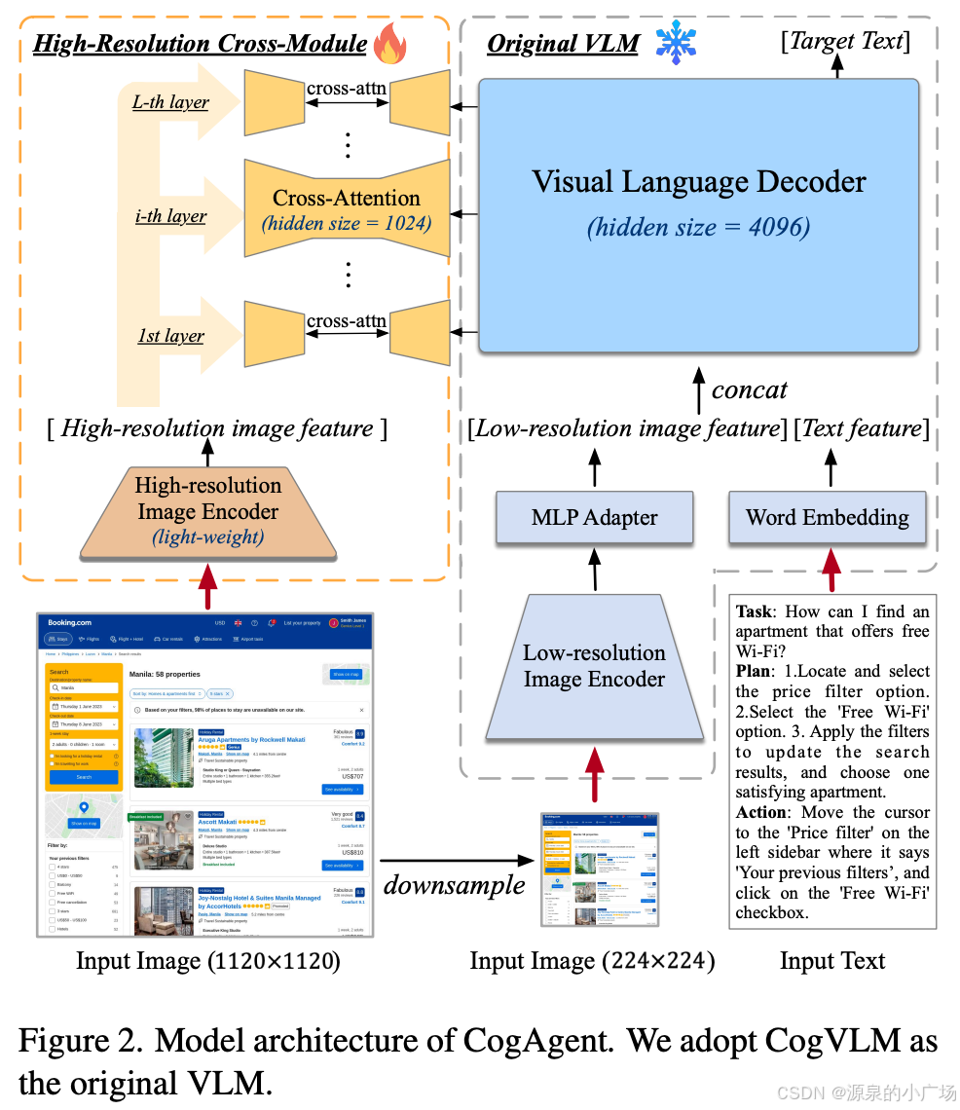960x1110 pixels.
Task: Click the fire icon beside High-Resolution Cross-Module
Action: (x=390, y=44)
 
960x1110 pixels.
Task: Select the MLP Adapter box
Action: (x=594, y=517)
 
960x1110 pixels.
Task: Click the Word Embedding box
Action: (x=828, y=517)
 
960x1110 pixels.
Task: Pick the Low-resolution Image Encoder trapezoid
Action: (x=594, y=666)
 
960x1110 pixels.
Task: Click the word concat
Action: (x=749, y=389)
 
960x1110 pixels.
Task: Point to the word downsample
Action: (x=454, y=884)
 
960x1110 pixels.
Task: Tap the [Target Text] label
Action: (x=846, y=41)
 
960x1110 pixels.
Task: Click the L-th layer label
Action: (x=170, y=101)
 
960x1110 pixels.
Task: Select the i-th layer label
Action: (x=170, y=215)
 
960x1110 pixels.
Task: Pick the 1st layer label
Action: (x=170, y=336)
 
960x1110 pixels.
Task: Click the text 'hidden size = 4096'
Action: (x=698, y=227)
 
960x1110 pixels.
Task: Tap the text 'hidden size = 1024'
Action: (x=347, y=224)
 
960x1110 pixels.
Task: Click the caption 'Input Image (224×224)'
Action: (x=592, y=962)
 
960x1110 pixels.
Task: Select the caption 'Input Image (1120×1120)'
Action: (x=207, y=962)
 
